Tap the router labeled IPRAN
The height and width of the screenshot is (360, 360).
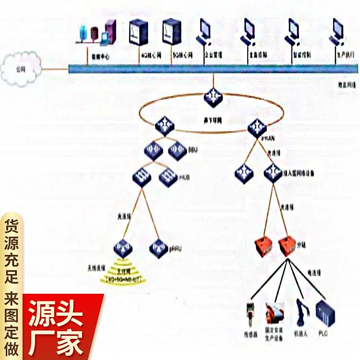(257, 127)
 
